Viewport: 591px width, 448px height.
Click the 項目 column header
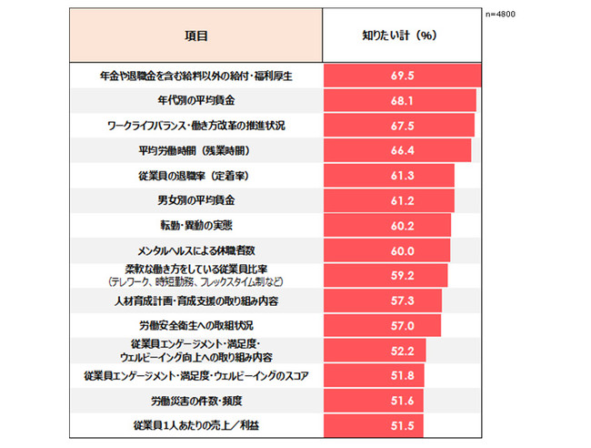point(195,36)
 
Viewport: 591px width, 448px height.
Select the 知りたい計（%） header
point(401,36)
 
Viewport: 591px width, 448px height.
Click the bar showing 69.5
point(401,75)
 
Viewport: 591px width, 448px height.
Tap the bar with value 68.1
point(399,100)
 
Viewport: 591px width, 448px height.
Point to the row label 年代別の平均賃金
point(196,100)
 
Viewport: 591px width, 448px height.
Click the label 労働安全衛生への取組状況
point(196,325)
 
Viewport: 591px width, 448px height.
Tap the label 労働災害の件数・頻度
point(196,400)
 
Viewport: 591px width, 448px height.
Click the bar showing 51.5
point(374,425)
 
